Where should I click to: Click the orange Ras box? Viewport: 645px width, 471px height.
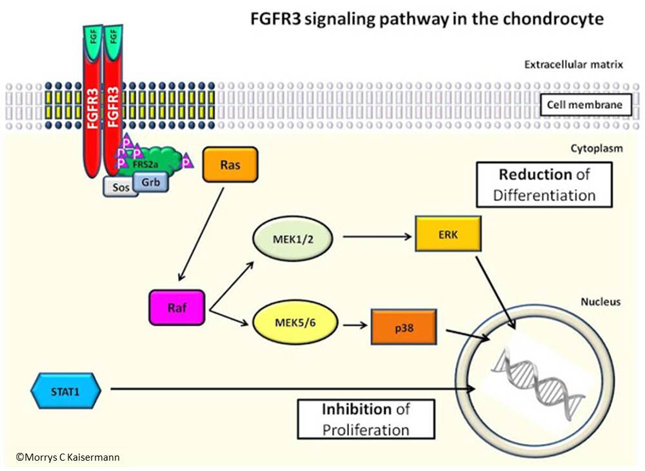230,164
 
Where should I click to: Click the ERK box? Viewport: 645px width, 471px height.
448,235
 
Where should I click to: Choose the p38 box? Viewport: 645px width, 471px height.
404,327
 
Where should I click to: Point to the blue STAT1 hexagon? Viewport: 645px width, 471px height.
66,389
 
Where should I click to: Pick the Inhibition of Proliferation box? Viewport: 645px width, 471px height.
366,419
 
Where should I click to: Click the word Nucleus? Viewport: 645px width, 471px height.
601,301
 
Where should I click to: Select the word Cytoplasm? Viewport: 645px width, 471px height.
597,148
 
